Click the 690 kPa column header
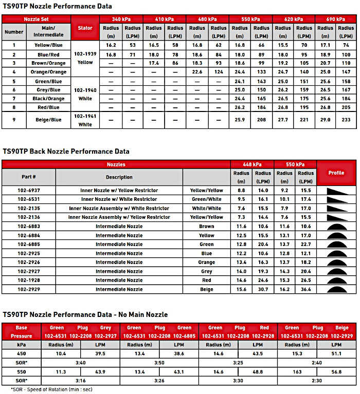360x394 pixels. (335, 19)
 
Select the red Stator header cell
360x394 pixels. (85, 28)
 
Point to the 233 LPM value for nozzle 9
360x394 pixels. (346, 120)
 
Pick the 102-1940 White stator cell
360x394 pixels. (85, 94)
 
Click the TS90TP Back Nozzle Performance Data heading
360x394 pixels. (66, 152)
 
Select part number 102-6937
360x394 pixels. (29, 190)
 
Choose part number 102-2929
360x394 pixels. (29, 290)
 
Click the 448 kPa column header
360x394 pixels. (252, 164)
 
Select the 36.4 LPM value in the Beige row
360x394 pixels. (305, 290)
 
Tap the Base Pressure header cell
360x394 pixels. (21, 332)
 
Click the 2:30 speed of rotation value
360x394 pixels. (317, 380)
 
